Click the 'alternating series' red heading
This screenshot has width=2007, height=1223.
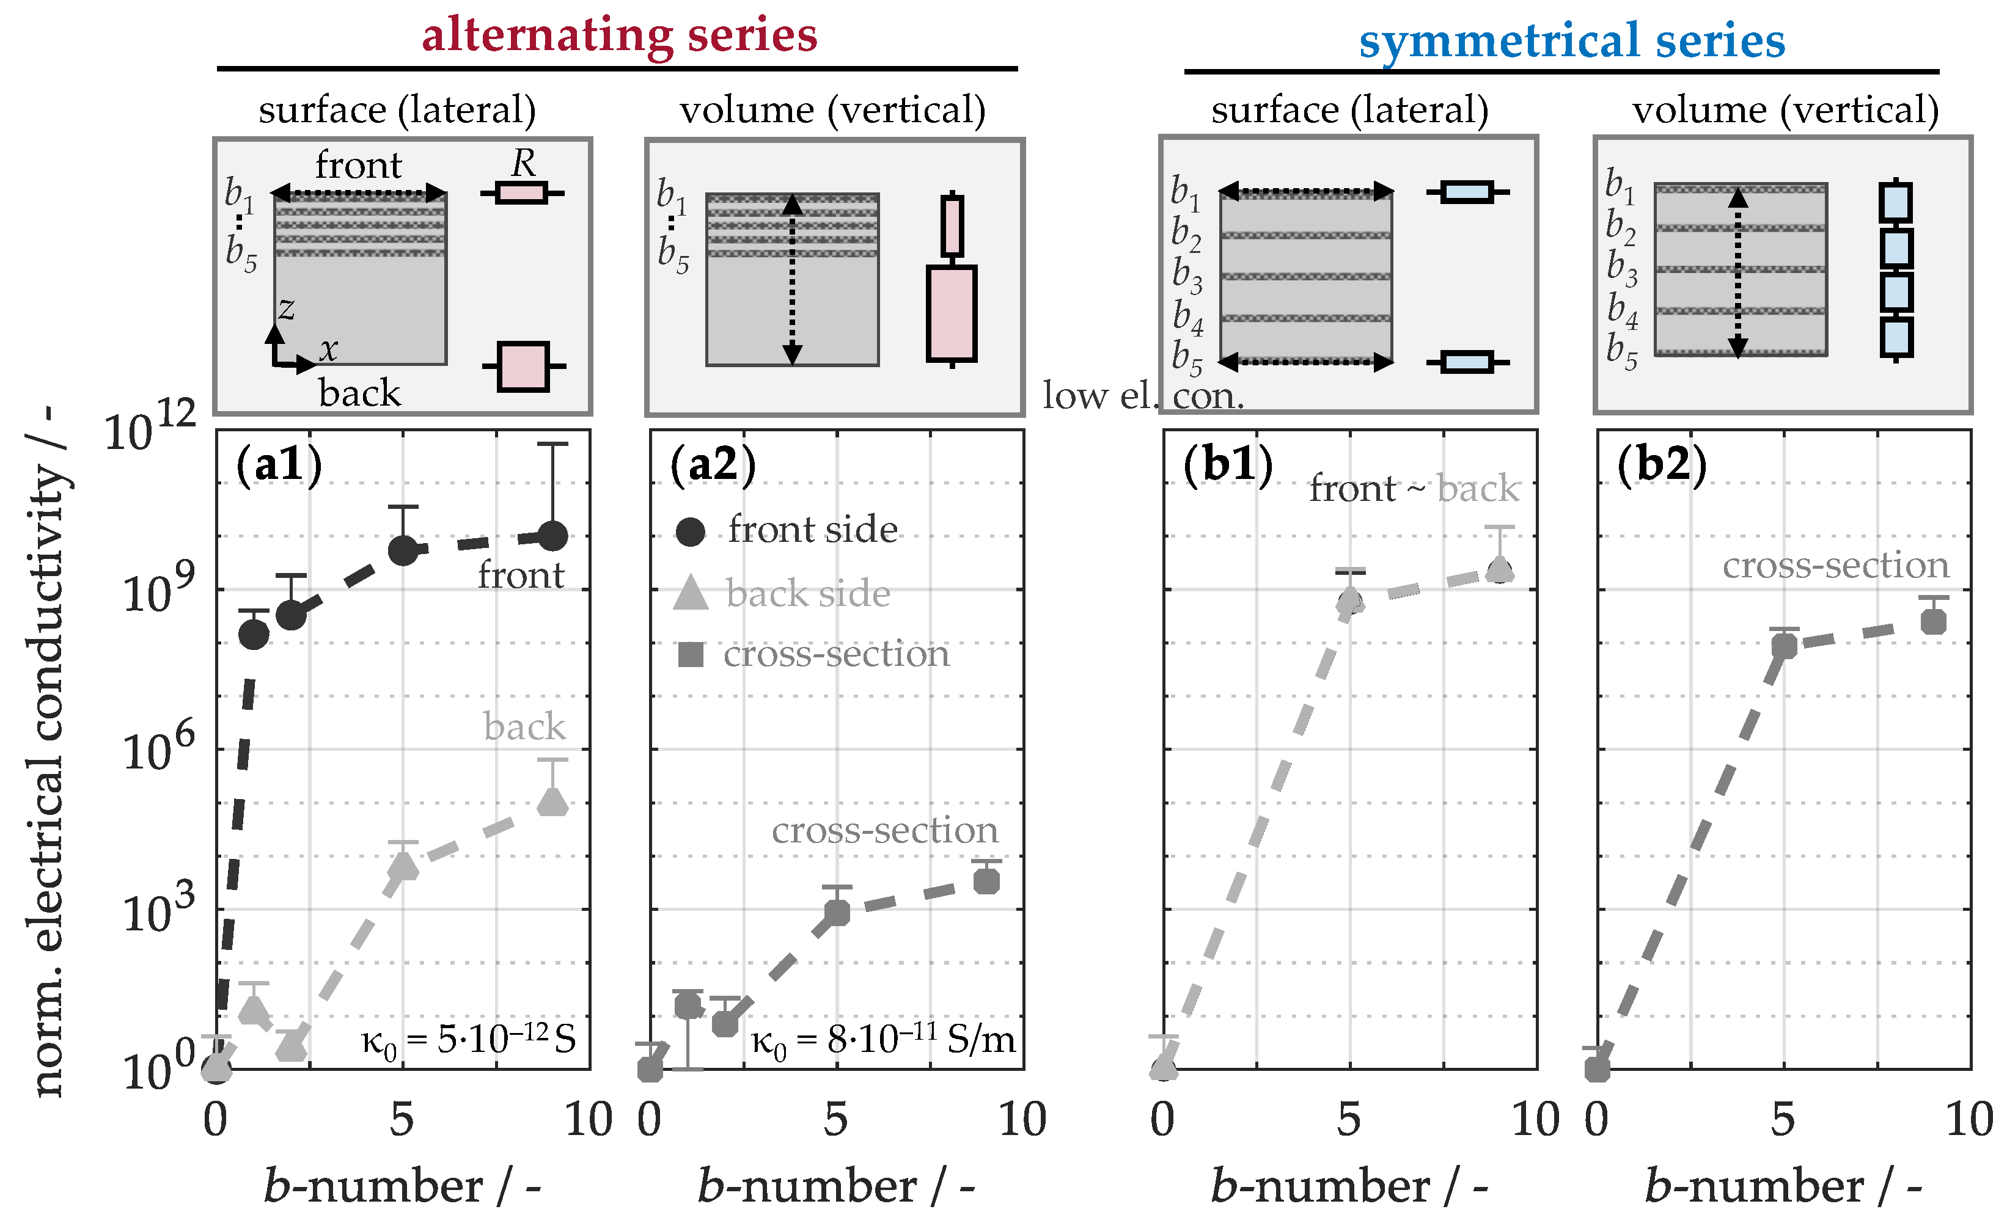click(x=619, y=36)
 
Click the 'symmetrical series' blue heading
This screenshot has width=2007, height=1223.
click(x=1571, y=41)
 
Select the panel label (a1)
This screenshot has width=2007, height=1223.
click(x=279, y=465)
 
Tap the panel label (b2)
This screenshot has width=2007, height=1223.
click(x=1661, y=465)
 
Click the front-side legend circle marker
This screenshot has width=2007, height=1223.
click(x=690, y=531)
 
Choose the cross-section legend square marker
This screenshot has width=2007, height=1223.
click(x=690, y=654)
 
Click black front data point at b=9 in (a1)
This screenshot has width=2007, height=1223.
click(x=553, y=536)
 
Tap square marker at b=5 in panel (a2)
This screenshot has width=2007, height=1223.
click(x=837, y=913)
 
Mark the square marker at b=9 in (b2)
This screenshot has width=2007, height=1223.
click(x=1933, y=622)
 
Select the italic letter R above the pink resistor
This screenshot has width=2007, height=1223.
click(x=523, y=164)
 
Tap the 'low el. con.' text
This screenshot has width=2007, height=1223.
click(x=1143, y=396)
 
